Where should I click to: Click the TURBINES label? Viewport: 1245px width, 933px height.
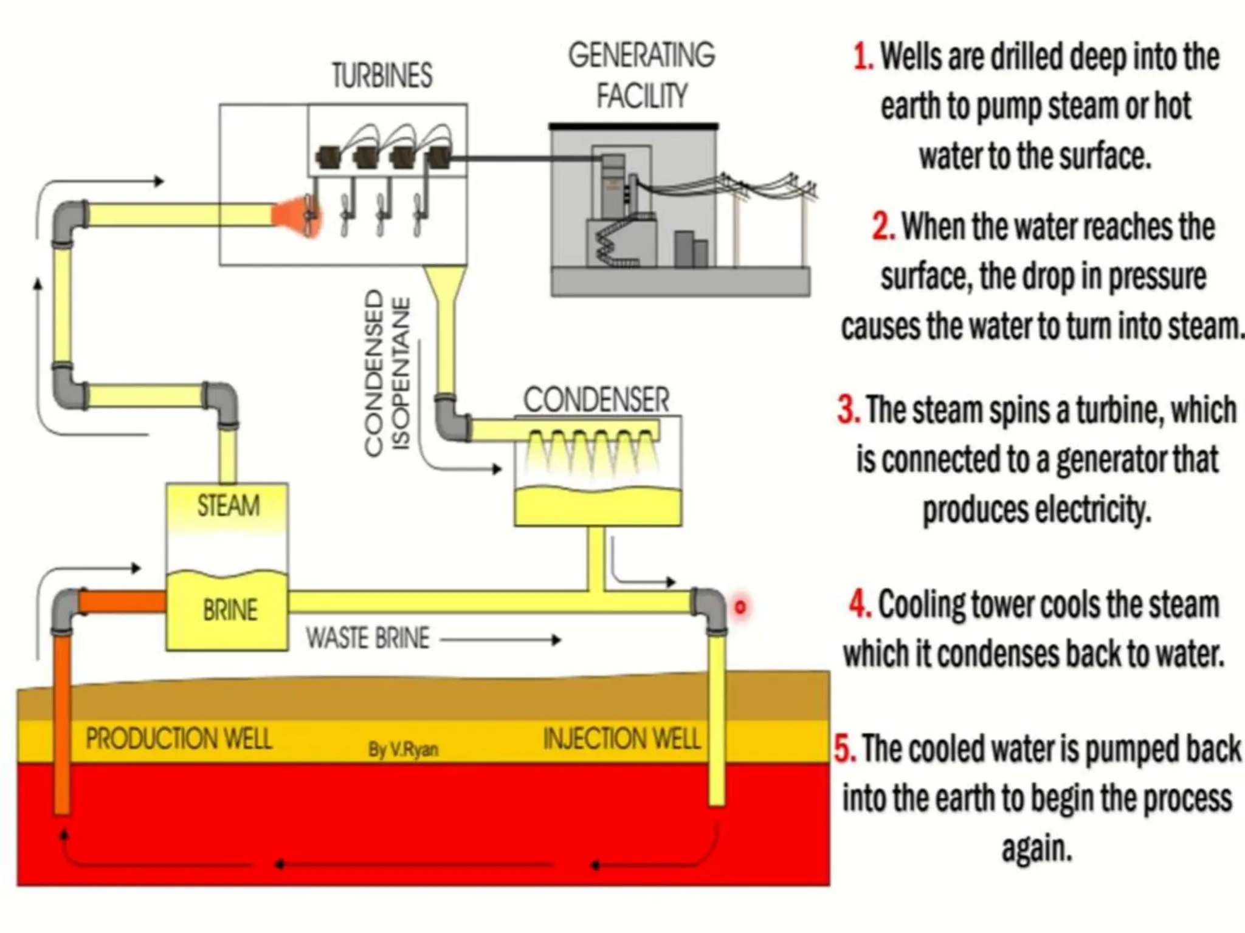click(382, 76)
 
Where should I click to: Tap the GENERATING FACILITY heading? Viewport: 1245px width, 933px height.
click(641, 75)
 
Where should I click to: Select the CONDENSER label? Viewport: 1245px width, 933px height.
click(596, 400)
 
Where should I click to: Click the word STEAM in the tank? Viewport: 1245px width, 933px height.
click(228, 505)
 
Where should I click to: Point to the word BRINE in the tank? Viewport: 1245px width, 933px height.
click(230, 610)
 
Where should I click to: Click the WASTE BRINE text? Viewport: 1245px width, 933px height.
click(368, 638)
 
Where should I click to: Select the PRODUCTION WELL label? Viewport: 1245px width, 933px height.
click(178, 739)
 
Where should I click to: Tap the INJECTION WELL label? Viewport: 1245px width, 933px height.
click(622, 739)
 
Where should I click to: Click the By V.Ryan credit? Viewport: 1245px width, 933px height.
click(403, 749)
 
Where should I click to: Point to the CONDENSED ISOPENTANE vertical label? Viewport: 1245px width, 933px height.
click(387, 372)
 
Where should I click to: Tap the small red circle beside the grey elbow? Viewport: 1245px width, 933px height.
click(740, 606)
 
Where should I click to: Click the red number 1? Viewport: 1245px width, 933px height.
click(863, 57)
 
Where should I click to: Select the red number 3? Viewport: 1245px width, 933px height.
click(848, 409)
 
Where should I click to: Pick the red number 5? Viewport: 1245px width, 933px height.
click(844, 748)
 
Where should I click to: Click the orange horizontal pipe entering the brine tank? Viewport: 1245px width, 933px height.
click(122, 602)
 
